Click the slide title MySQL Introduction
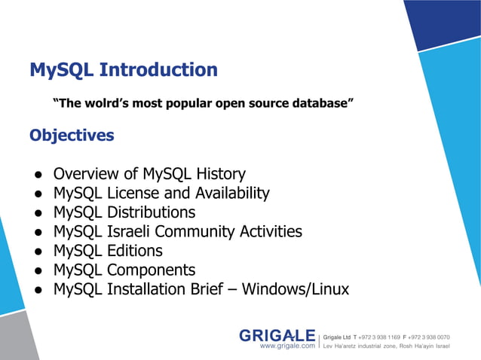pyautogui.click(x=124, y=70)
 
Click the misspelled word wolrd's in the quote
pyautogui.click(x=108, y=102)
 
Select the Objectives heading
pyautogui.click(x=72, y=136)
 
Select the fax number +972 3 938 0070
pyautogui.click(x=430, y=337)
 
